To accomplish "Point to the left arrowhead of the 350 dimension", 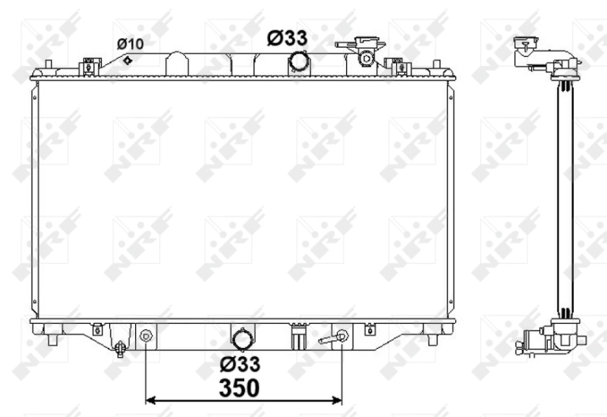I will [x=149, y=400].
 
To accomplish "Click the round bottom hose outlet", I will [x=242, y=338].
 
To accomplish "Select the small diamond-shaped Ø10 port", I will [x=128, y=61].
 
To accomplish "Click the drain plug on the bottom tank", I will [x=119, y=348].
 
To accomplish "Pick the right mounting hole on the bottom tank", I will [x=341, y=334].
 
